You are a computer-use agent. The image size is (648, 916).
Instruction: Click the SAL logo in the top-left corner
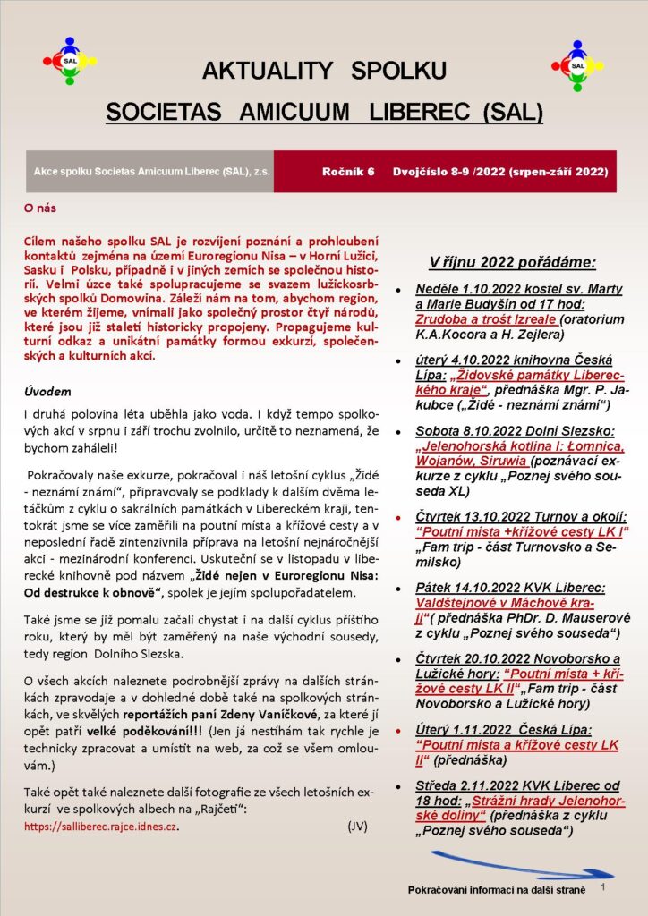(69, 61)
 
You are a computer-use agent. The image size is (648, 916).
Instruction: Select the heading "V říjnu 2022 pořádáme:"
(512, 263)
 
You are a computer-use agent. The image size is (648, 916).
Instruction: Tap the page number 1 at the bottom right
(605, 887)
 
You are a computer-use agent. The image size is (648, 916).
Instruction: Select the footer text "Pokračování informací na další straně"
(496, 891)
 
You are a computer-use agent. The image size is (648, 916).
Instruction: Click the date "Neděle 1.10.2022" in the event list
(470, 290)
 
